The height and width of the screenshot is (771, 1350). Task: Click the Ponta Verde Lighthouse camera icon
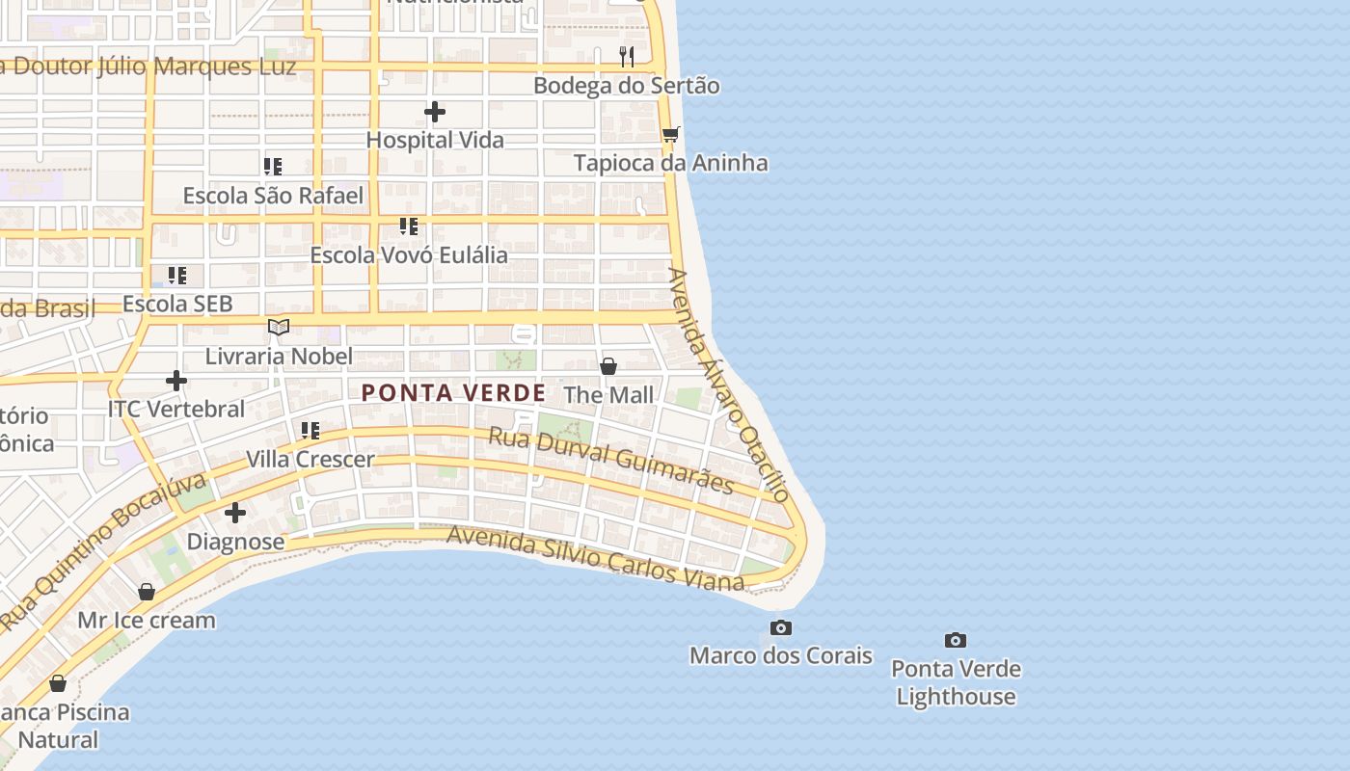pos(955,640)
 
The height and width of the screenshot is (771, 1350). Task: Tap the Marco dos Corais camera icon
pos(781,628)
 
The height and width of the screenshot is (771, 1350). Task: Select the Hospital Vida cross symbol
pos(435,112)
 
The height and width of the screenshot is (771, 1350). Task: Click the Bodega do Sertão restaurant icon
pos(627,56)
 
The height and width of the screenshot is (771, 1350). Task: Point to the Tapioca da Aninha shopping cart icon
pos(671,134)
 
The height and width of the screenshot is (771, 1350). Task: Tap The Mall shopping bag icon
pos(608,366)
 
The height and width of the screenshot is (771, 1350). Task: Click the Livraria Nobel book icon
pos(279,328)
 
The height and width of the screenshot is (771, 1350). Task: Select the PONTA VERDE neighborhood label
pos(453,393)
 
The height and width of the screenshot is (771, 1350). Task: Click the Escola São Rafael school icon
pos(273,167)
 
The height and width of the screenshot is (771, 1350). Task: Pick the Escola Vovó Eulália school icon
pos(409,226)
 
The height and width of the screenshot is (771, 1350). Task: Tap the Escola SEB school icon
pos(177,276)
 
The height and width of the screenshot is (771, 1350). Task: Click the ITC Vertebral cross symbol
pos(175,381)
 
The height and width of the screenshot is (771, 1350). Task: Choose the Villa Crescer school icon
pos(310,430)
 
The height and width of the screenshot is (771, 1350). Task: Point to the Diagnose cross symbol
pos(234,513)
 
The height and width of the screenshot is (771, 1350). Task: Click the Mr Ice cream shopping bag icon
pos(147,591)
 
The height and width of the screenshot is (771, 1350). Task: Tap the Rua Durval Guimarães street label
pos(611,460)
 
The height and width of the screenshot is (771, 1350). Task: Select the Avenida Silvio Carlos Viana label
pos(595,557)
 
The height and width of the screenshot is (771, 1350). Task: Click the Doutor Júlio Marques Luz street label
pos(149,66)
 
